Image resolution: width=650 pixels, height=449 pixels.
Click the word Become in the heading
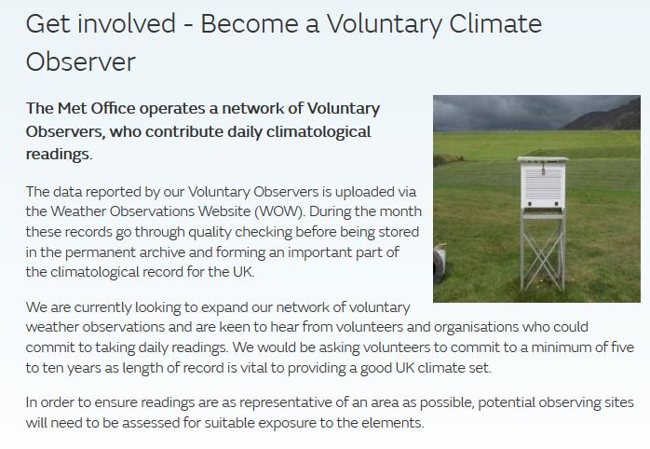[250, 23]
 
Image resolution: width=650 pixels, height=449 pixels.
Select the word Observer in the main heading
[81, 62]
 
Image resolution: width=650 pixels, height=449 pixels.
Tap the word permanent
[100, 252]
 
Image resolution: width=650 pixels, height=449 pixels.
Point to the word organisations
[476, 327]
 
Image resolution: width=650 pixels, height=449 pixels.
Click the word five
[623, 347]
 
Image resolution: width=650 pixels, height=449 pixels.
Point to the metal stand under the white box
[543, 249]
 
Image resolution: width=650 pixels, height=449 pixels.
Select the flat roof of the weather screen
[543, 159]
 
